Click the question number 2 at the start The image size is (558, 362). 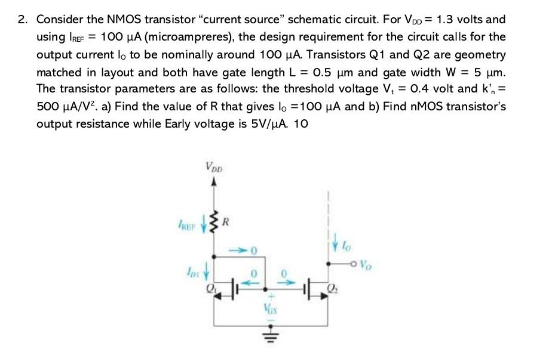point(23,19)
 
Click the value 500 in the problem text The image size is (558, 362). point(48,107)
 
